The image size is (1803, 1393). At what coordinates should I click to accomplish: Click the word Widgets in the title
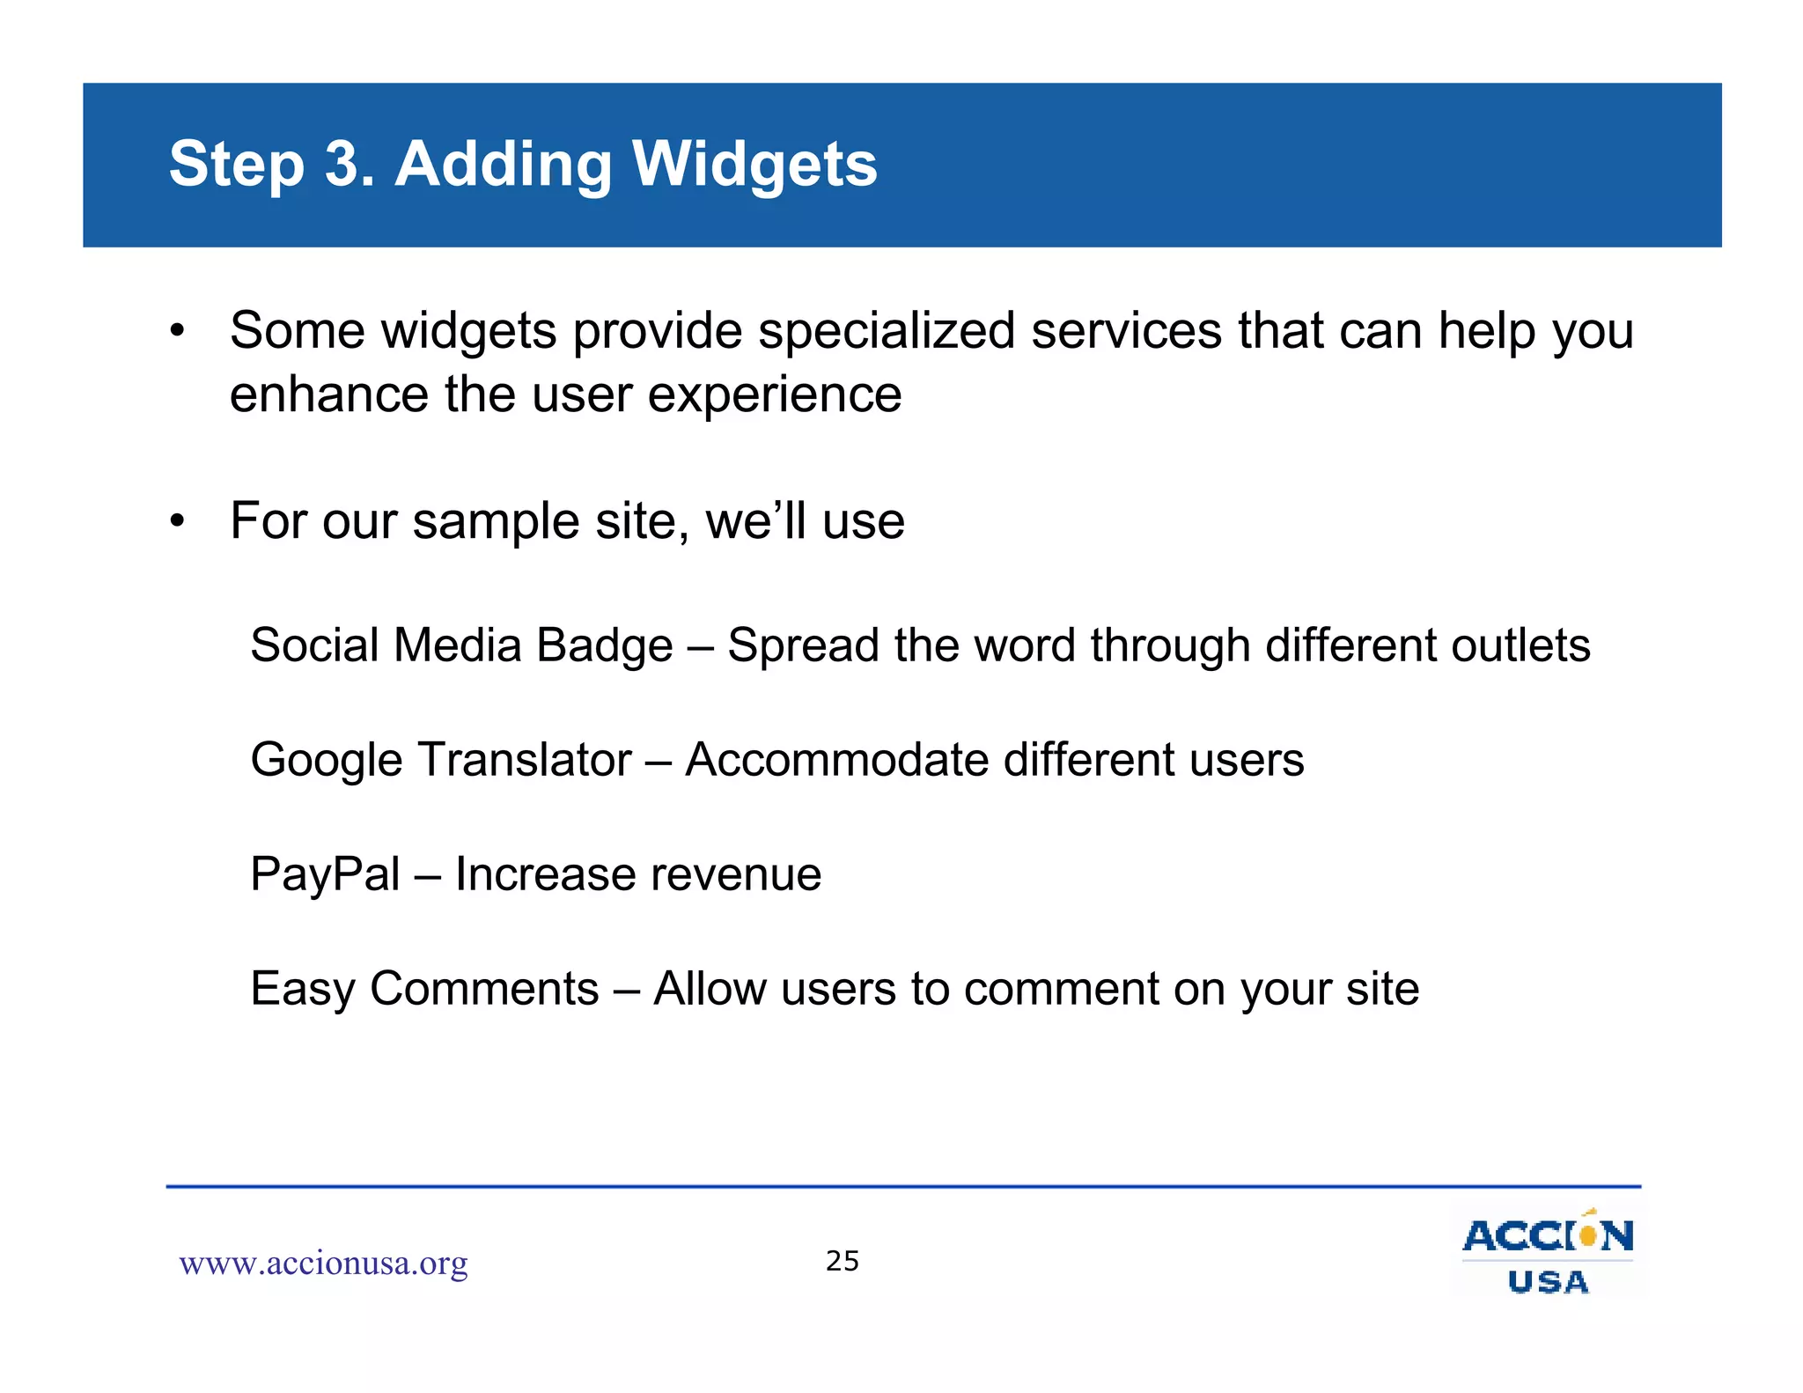754,165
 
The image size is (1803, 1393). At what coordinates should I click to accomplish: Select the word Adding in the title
503,165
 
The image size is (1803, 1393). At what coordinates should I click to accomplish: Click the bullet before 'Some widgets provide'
178,332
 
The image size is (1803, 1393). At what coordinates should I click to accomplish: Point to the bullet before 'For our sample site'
178,521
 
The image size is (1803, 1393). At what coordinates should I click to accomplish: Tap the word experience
775,395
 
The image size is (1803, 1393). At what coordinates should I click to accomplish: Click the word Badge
604,645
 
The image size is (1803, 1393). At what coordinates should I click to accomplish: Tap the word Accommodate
836,760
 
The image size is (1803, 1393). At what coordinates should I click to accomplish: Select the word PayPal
325,874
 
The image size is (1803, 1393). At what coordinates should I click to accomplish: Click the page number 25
842,1261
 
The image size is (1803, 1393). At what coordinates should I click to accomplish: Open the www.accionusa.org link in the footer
323,1264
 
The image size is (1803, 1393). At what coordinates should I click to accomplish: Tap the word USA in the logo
1548,1282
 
